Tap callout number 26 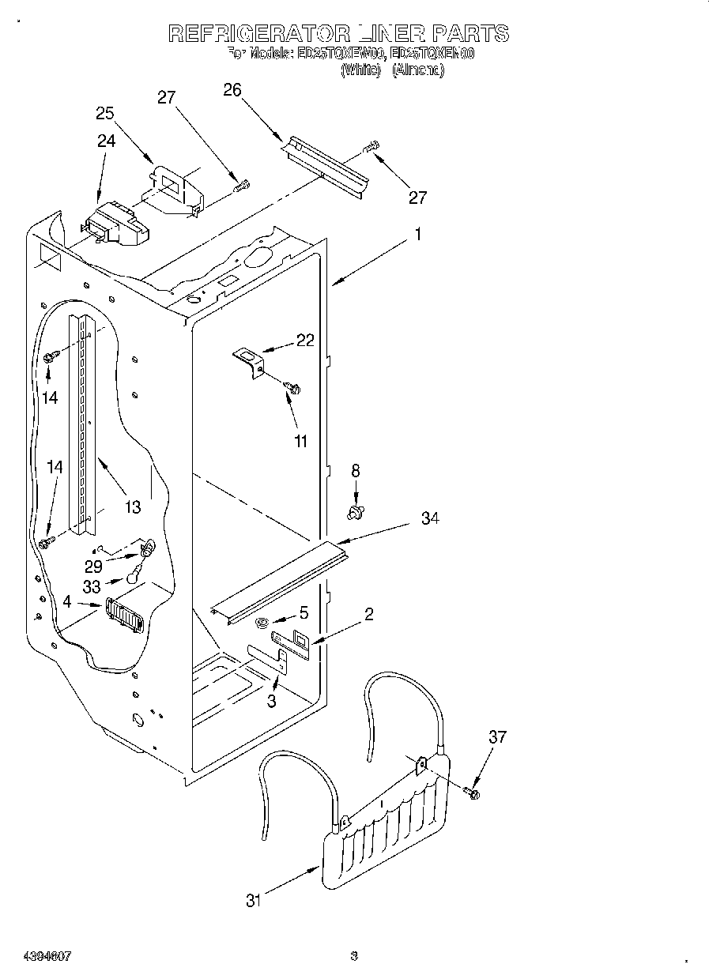232,90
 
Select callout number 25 105,113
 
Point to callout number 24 106,141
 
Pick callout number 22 305,341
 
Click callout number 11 300,441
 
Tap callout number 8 356,470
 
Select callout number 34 429,518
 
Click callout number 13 133,506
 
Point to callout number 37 497,737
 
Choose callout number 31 252,900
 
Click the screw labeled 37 473,792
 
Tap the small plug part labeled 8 355,514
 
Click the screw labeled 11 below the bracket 293,388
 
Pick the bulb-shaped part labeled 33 137,577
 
